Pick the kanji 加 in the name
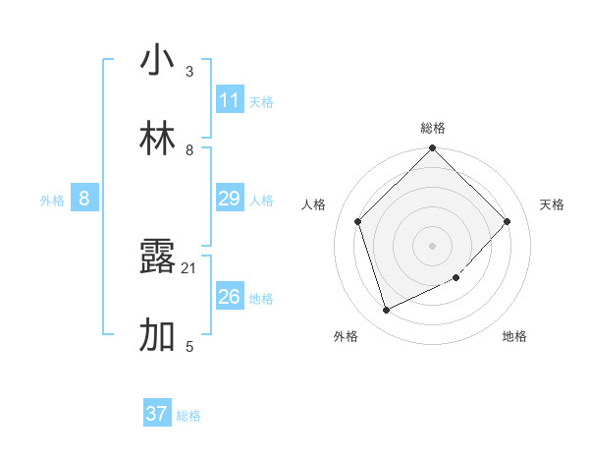click(x=157, y=336)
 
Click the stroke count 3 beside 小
click(x=189, y=72)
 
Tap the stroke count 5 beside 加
click(x=189, y=346)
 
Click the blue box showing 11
click(x=230, y=100)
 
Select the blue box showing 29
click(x=230, y=199)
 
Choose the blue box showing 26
click(x=230, y=297)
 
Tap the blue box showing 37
click(x=157, y=414)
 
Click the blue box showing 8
click(x=84, y=199)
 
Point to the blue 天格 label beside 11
click(x=261, y=102)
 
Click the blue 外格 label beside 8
click(x=52, y=201)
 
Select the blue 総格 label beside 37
click(x=188, y=416)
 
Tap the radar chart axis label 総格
click(x=433, y=128)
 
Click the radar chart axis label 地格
click(x=514, y=336)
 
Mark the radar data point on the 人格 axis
click(x=358, y=221)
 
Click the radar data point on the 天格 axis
click(x=508, y=221)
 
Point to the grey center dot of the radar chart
click(x=433, y=245)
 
